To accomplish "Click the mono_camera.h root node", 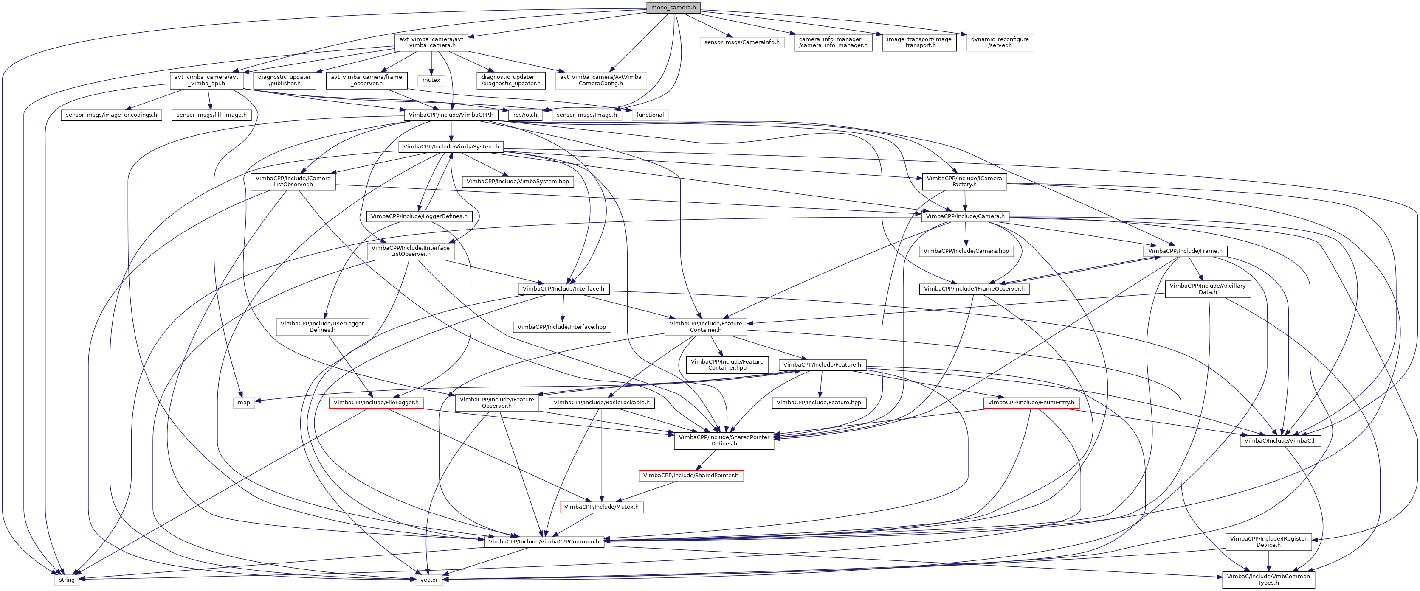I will coord(673,7).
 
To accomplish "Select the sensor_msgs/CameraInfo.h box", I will coord(741,42).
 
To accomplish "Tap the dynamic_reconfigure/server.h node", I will coord(1000,42).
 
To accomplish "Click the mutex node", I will coord(431,80).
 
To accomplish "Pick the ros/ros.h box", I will coord(525,115).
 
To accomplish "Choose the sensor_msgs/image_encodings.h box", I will coord(111,115).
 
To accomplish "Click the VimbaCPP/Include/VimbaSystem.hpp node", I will coord(518,181).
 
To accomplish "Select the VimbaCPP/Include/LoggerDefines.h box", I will coord(419,216).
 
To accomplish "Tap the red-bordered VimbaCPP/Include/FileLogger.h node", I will coord(376,403).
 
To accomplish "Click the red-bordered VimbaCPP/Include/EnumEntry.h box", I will coord(1031,403).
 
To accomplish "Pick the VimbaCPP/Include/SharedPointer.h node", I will coord(691,475).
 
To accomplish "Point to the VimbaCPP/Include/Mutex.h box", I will coord(601,507).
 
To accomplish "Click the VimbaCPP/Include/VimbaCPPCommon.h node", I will coord(544,541).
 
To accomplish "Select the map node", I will coord(244,403).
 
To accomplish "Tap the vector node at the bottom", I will coord(429,580).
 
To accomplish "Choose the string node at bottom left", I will coord(67,580).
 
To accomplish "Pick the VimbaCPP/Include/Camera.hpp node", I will coord(966,251).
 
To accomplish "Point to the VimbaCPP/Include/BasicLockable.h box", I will coord(601,403).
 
